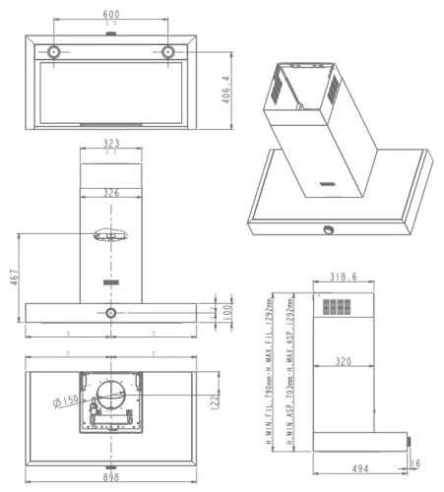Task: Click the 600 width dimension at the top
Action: tap(110, 14)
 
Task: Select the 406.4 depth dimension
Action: tap(225, 91)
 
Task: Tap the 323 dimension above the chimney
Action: tap(111, 144)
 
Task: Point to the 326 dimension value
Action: tap(111, 193)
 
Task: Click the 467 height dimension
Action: tap(13, 279)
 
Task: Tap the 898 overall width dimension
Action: tap(110, 479)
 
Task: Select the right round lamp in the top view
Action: tap(169, 51)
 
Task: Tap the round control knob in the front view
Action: tap(111, 313)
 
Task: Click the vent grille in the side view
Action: tap(335, 307)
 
